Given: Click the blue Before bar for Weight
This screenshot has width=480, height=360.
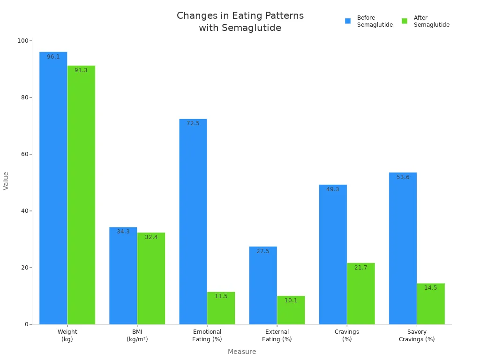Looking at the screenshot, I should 53,187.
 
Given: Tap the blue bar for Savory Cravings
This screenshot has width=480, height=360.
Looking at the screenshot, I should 403,248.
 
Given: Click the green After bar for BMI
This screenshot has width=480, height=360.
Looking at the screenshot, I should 151,278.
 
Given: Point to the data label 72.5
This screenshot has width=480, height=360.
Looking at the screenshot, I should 193,123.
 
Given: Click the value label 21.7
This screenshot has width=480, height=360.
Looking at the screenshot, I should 360,268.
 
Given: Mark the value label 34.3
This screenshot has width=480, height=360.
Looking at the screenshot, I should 123,232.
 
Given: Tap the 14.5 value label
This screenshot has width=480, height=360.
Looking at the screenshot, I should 430,288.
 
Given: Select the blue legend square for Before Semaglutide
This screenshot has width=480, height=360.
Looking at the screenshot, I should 348,21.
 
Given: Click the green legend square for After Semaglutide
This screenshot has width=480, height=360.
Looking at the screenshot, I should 405,21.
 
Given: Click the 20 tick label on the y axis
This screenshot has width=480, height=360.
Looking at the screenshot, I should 23,268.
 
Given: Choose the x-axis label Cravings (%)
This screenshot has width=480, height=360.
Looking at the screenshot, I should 347,335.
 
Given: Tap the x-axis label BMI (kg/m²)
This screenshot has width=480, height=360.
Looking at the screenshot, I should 137,335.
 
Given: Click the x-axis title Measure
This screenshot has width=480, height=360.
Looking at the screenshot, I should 242,352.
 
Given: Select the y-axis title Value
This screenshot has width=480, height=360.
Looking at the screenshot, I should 6,180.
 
